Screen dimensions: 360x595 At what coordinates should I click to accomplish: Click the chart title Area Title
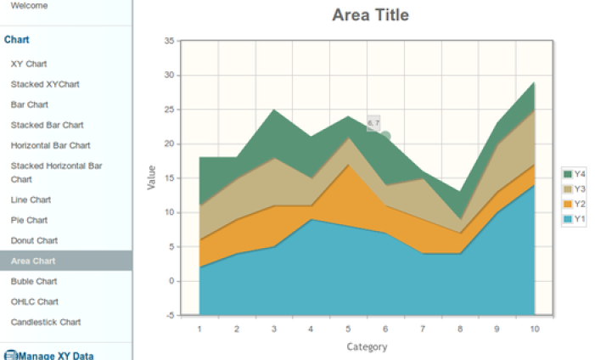tap(370, 15)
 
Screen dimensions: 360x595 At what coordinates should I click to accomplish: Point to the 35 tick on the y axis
tap(169, 41)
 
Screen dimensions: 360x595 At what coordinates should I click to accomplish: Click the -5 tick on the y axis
tap(169, 316)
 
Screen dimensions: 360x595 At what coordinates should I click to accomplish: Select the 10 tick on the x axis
tap(534, 329)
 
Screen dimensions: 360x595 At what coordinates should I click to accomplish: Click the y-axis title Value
tap(152, 177)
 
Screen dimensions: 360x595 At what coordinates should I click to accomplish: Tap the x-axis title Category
tap(367, 346)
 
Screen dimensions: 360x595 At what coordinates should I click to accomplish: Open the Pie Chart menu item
tap(29, 220)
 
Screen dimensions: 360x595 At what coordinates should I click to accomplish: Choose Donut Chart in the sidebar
tap(34, 240)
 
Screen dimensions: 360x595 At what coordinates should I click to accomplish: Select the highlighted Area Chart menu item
tap(33, 261)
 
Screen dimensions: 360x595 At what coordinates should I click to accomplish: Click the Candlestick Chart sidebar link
tap(46, 322)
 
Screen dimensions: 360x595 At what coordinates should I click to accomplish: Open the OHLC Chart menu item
tap(34, 301)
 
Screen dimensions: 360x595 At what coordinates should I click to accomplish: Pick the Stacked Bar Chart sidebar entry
tap(47, 125)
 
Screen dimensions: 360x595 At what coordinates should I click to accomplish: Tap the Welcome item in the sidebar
tap(29, 5)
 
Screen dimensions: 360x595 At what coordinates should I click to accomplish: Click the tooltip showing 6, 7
tap(373, 123)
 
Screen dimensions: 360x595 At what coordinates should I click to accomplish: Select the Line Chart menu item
tap(31, 200)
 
